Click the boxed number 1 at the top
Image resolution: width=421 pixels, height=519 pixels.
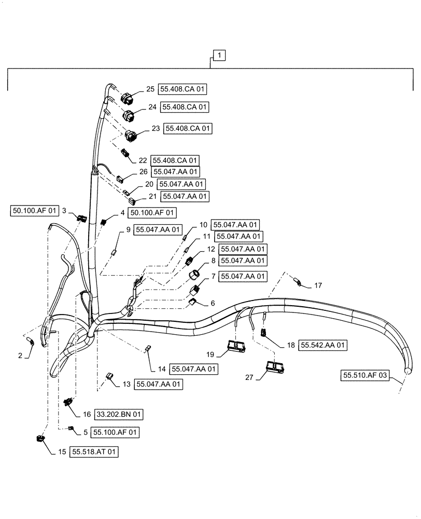(x=220, y=55)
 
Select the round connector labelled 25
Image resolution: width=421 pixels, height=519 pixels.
(x=128, y=98)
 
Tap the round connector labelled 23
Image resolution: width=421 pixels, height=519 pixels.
(x=132, y=136)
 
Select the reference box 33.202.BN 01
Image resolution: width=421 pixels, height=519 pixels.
(x=118, y=414)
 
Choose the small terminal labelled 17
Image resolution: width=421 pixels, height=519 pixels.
(x=298, y=282)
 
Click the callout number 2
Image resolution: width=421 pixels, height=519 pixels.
(x=20, y=356)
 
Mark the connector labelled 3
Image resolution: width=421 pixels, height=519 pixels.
(x=81, y=218)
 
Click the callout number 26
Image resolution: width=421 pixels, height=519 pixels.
(x=143, y=171)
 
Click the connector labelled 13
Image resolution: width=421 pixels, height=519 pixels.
(x=110, y=375)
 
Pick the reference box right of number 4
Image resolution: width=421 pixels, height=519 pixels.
(x=153, y=212)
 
